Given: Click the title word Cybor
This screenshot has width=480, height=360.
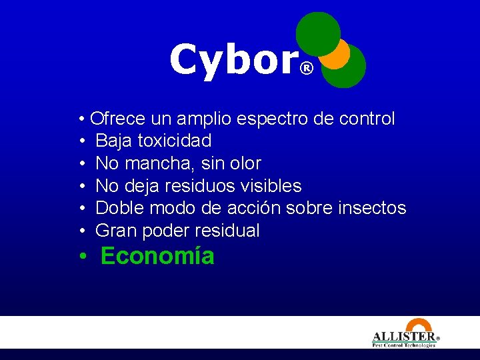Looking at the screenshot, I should pos(233,60).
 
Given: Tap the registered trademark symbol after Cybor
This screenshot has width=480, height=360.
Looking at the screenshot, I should pos(306,68).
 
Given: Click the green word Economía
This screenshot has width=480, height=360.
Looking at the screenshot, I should pos(157,256).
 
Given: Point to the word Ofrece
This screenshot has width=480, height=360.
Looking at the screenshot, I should pos(118,119).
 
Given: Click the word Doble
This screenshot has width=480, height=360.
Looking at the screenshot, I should pos(120,208).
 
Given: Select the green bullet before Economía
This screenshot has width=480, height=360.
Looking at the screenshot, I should pos(81,257).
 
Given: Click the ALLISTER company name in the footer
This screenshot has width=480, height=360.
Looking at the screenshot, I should pos(403,337).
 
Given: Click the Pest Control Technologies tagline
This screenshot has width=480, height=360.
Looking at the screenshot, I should pos(403,345).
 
